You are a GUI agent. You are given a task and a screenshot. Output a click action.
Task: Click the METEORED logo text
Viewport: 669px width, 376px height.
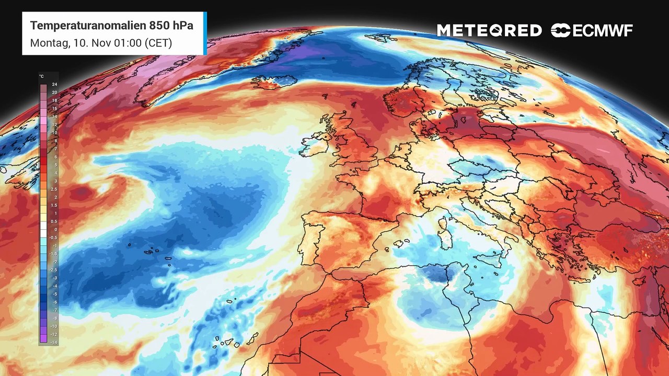click(x=489, y=31)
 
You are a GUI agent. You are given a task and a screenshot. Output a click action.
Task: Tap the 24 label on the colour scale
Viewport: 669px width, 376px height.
click(x=54, y=84)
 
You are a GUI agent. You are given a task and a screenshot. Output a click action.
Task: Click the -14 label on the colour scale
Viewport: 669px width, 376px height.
click(x=54, y=343)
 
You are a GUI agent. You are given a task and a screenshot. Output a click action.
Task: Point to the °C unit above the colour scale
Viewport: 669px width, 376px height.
click(x=42, y=77)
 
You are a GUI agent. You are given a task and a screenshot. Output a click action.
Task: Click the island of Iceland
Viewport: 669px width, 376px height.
click(x=274, y=82)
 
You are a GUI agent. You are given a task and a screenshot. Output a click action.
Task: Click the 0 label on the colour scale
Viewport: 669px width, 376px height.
click(x=54, y=230)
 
